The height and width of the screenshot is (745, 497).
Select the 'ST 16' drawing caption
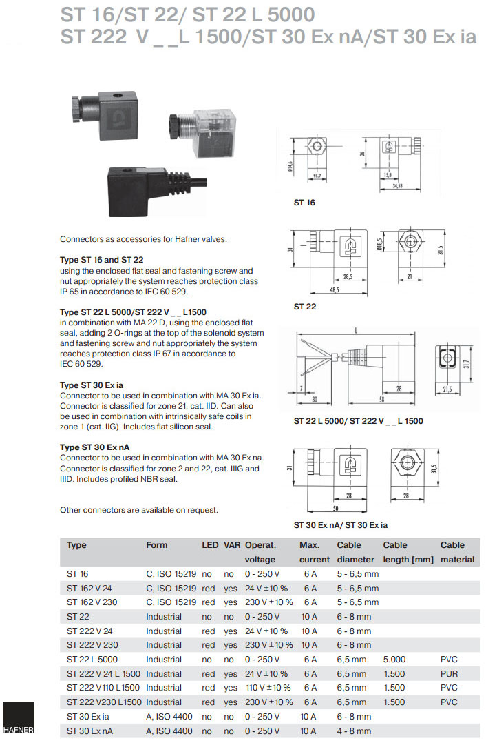[304, 203]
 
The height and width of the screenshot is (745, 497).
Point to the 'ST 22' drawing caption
[305, 305]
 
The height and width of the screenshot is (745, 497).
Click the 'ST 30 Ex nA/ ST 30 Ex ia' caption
[341, 525]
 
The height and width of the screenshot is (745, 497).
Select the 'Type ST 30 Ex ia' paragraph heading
[92, 385]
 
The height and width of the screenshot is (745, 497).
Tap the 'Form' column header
[157, 545]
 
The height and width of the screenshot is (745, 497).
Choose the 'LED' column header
[209, 545]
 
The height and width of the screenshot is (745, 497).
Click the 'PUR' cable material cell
[449, 673]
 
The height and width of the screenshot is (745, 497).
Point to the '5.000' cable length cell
[395, 660]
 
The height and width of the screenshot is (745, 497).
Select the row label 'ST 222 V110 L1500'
[103, 688]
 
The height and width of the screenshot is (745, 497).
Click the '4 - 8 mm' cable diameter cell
[354, 731]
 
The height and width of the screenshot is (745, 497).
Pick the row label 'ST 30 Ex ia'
[89, 717]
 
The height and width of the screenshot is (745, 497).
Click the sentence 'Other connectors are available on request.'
[139, 510]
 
